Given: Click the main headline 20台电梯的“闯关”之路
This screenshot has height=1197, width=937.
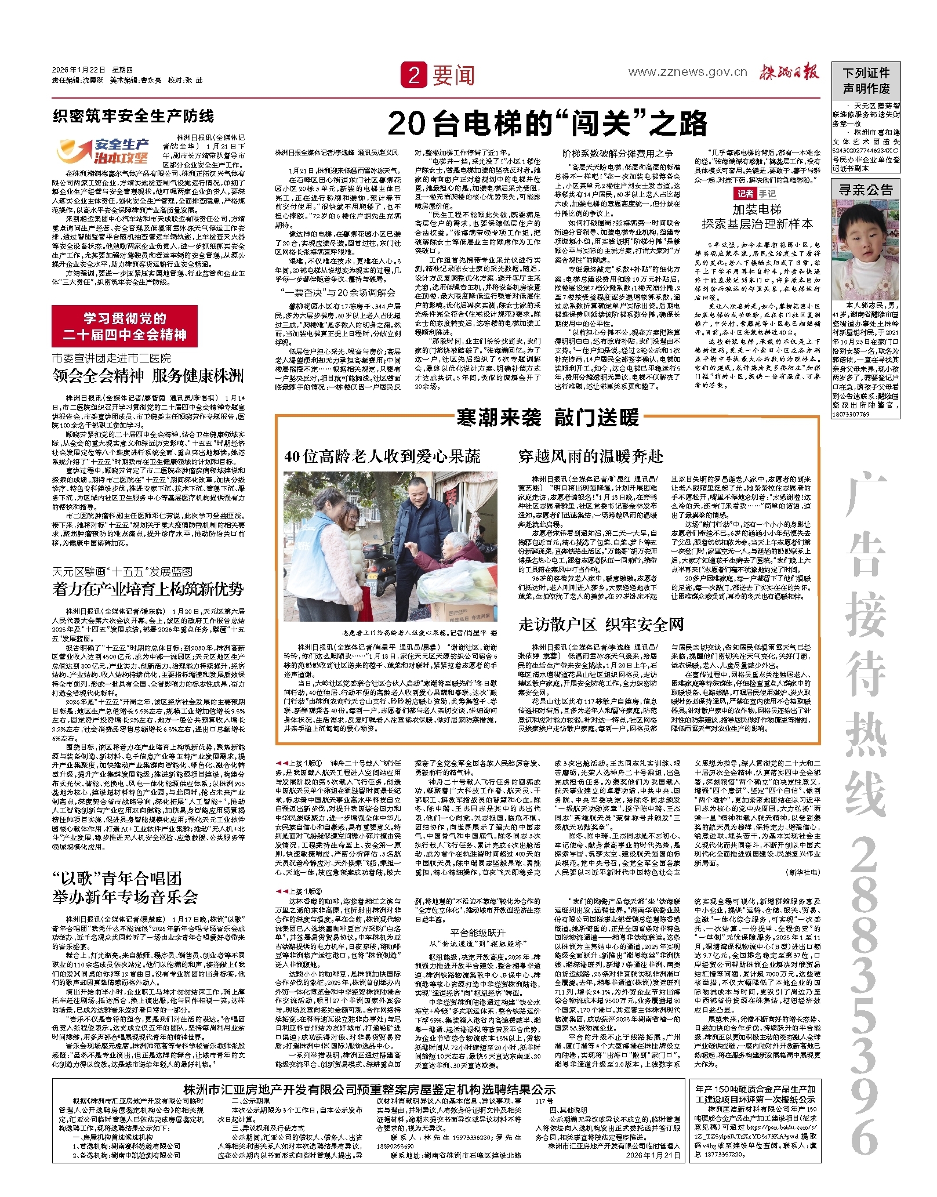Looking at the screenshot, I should pyautogui.click(x=547, y=123).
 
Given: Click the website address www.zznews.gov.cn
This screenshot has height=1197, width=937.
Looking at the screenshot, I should pyautogui.click(x=688, y=72).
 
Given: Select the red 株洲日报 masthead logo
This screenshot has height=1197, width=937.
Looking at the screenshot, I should pyautogui.click(x=790, y=72).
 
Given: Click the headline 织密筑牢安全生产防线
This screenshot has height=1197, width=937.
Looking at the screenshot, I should pyautogui.click(x=133, y=116).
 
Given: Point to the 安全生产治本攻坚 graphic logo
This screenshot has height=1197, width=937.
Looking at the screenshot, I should pyautogui.click(x=103, y=151).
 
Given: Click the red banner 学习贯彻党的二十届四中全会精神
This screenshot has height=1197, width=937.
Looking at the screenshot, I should pyautogui.click(x=125, y=327).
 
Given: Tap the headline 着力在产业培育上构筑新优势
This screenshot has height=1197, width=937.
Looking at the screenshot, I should pyautogui.click(x=148, y=589).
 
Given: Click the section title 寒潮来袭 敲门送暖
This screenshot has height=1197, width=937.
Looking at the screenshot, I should pyautogui.click(x=547, y=417).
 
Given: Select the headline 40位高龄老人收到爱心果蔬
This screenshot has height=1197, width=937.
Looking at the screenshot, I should pyautogui.click(x=382, y=456).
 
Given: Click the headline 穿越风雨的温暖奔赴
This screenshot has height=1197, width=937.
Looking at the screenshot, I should pyautogui.click(x=590, y=456).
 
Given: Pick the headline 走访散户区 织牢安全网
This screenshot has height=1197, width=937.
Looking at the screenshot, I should pyautogui.click(x=601, y=625).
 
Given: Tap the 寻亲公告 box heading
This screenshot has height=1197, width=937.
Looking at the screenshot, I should pyautogui.click(x=866, y=190).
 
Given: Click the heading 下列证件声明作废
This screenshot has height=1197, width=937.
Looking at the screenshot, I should pyautogui.click(x=866, y=81).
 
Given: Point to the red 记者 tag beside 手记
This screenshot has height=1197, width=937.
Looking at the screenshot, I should pyautogui.click(x=745, y=194).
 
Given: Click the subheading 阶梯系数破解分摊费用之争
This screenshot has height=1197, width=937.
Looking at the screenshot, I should pyautogui.click(x=618, y=153).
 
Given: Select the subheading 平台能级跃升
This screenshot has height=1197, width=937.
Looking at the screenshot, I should pyautogui.click(x=478, y=933).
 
